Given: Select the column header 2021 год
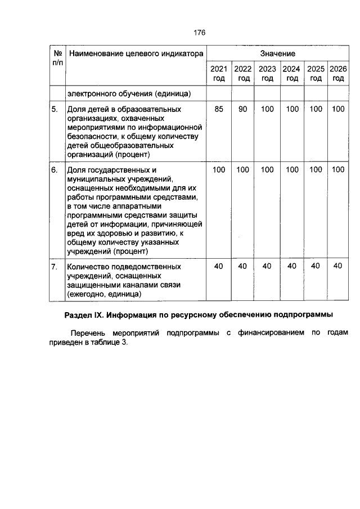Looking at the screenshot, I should click(x=219, y=74).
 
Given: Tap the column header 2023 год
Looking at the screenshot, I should click(x=267, y=74).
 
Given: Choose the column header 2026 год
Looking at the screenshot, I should click(x=338, y=74).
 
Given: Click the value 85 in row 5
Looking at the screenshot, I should click(x=219, y=109).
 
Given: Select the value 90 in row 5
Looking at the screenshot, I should click(x=242, y=109).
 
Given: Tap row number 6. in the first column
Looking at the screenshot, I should click(x=55, y=169).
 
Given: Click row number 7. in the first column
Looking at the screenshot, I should click(x=55, y=266).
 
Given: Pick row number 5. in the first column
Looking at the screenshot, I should click(x=55, y=109).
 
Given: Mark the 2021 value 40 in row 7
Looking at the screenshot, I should click(x=219, y=266).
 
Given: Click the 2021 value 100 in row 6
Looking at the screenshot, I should click(x=219, y=169).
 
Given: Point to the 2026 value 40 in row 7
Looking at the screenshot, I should click(x=338, y=266).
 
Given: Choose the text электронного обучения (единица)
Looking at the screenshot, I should click(x=129, y=93).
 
